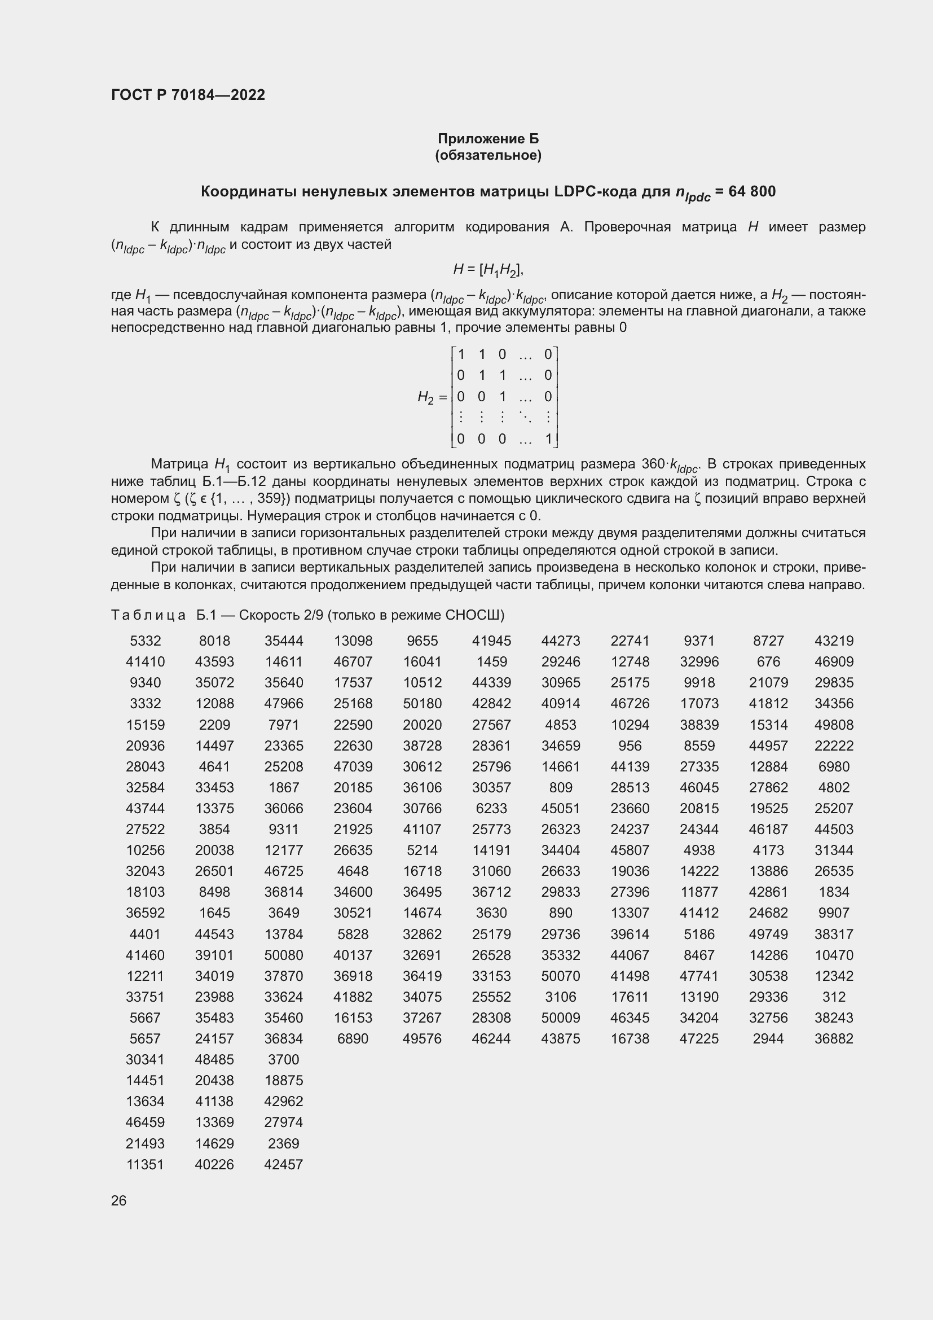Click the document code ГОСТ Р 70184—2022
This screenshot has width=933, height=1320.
[x=188, y=95]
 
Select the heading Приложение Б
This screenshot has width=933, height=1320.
[x=488, y=139]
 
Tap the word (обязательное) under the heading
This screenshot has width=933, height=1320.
[x=488, y=155]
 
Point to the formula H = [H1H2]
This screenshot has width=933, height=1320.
[x=488, y=269]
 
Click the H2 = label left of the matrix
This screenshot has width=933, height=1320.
[x=432, y=397]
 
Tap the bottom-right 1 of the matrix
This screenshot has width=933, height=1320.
[x=548, y=439]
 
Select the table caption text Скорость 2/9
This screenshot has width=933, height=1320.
[x=281, y=615]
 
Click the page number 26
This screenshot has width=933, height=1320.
[x=118, y=1200]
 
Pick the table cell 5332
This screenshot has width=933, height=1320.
[x=146, y=641]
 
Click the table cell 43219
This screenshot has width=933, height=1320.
[x=834, y=641]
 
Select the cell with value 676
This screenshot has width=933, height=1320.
[x=768, y=662]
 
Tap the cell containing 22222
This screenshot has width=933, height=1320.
[x=834, y=745]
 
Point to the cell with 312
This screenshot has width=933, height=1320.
[x=834, y=997]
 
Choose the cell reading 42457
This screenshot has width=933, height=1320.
[x=283, y=1164]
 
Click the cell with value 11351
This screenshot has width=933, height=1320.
[x=146, y=1164]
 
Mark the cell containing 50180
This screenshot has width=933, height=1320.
[x=422, y=704]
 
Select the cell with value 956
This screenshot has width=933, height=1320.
[x=630, y=745]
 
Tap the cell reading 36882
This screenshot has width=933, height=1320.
[x=834, y=1039]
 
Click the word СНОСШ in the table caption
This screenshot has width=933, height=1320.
[x=477, y=615]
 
